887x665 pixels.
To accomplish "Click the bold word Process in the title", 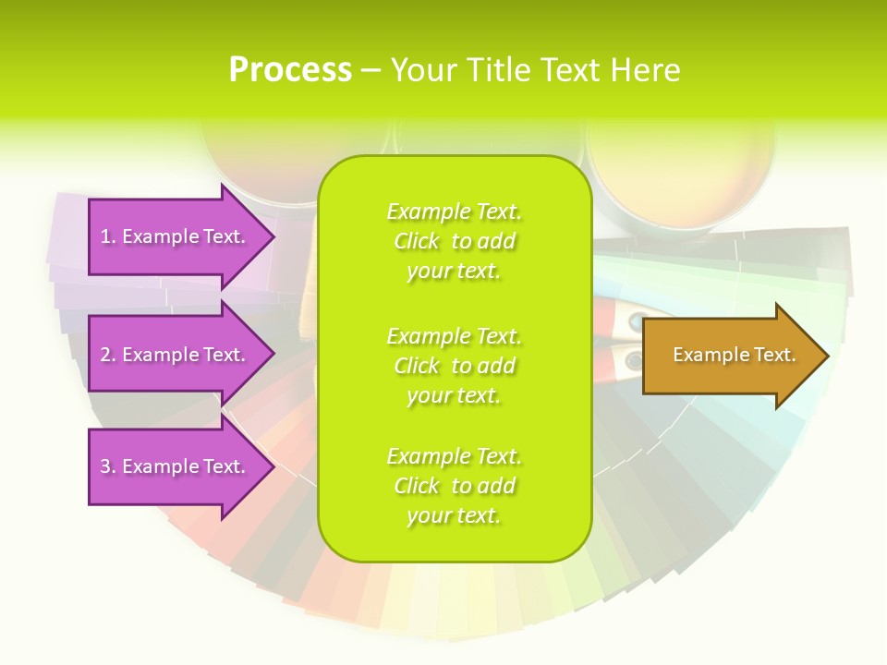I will [x=290, y=70].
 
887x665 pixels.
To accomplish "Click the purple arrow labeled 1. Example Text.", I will [x=176, y=236].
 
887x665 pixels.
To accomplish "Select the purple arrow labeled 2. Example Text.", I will [x=176, y=355].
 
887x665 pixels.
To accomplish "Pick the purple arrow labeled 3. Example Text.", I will [x=176, y=466].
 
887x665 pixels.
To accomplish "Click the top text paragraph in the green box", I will [x=454, y=241].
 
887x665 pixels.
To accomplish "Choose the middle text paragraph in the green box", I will [x=454, y=366].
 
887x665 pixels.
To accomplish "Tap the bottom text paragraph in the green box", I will [x=454, y=486].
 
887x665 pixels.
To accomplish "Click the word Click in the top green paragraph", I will [x=417, y=241].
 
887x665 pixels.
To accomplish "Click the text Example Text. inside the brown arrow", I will [x=734, y=355].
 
